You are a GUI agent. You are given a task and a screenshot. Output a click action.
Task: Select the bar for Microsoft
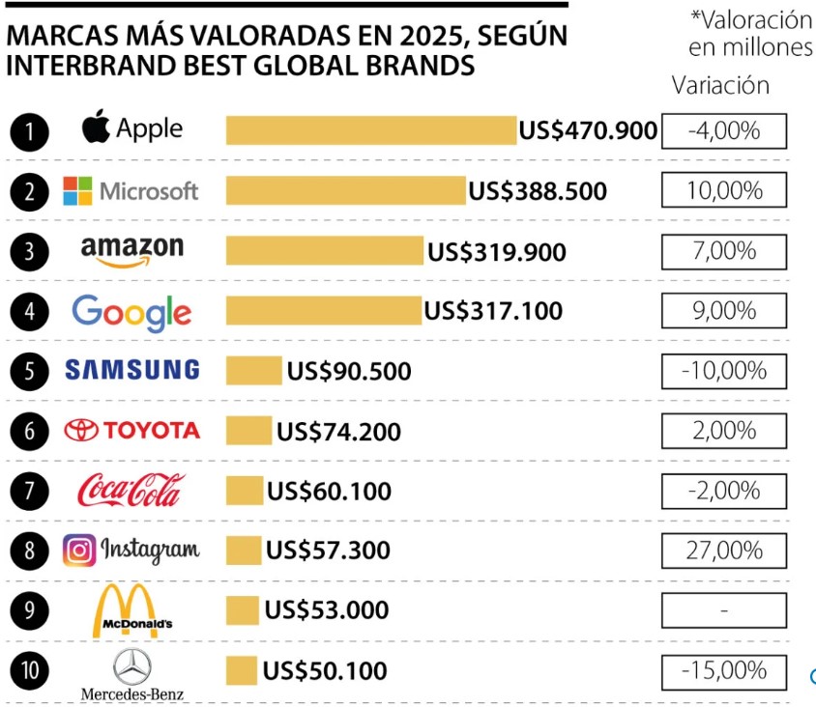pyautogui.click(x=345, y=190)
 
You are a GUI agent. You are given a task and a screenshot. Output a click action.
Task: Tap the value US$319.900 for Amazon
pyautogui.click(x=497, y=252)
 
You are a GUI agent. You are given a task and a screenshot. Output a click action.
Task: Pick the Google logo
pyautogui.click(x=131, y=312)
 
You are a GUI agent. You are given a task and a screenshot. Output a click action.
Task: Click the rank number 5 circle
pyautogui.click(x=30, y=371)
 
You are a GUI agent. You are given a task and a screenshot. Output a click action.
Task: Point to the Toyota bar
pyautogui.click(x=248, y=431)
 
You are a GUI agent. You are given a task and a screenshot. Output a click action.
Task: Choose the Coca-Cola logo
pyautogui.click(x=130, y=490)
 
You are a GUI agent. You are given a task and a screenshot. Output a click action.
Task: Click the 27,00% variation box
pyautogui.click(x=724, y=550)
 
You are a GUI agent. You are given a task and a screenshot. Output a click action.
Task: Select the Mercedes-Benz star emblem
pyautogui.click(x=132, y=665)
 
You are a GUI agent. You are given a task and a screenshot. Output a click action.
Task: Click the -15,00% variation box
pyautogui.click(x=724, y=670)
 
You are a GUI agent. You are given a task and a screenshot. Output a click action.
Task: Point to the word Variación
pyautogui.click(x=720, y=85)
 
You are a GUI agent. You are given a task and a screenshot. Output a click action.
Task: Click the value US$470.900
pyautogui.click(x=588, y=130)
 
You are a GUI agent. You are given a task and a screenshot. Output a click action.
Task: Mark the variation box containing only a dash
pyautogui.click(x=724, y=610)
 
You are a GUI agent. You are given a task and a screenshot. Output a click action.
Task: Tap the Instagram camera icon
pyautogui.click(x=80, y=550)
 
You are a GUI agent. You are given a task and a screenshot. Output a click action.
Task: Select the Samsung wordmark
pyautogui.click(x=132, y=370)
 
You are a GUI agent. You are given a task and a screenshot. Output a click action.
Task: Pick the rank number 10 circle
pyautogui.click(x=30, y=669)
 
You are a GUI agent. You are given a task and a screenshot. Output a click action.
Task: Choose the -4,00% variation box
pyautogui.click(x=724, y=130)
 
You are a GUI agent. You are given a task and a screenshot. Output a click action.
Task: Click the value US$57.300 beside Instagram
pyautogui.click(x=328, y=551)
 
